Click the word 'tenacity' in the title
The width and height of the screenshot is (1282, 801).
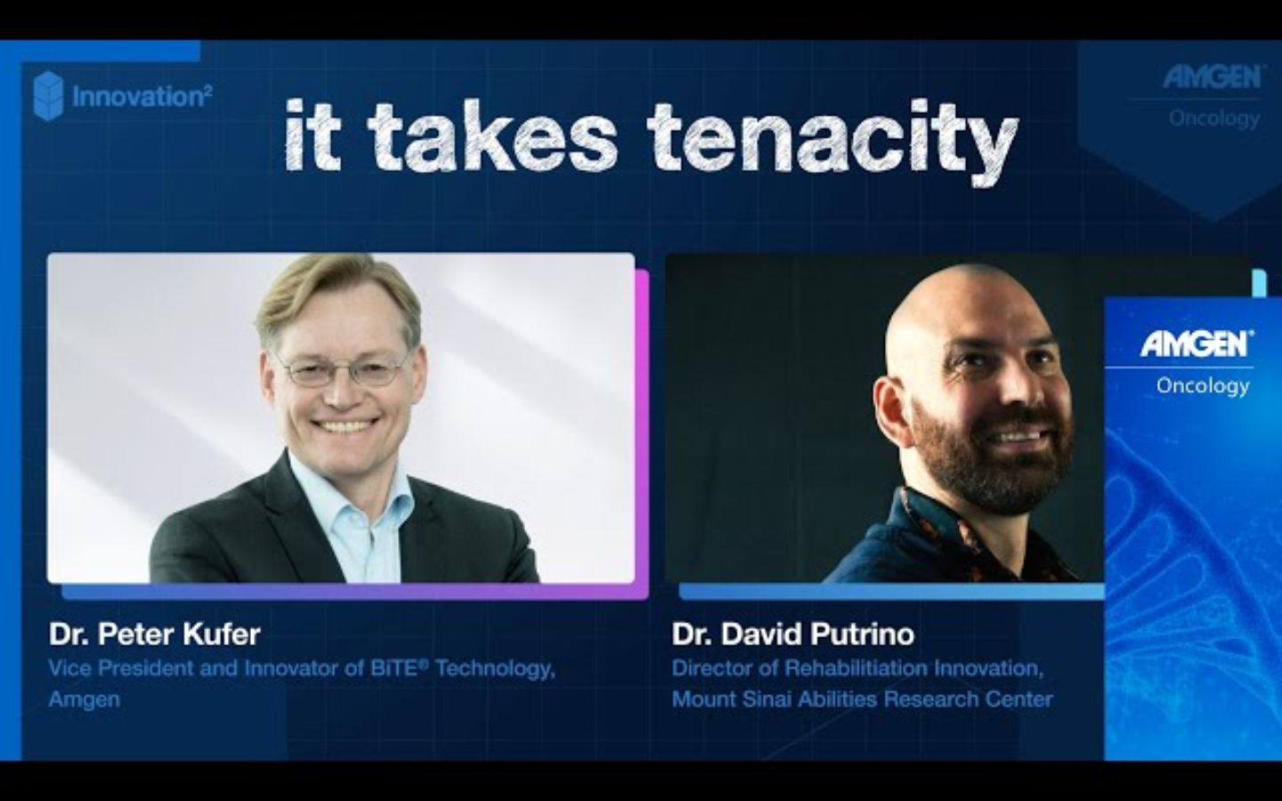(x=832, y=138)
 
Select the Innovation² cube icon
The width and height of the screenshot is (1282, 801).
(x=48, y=96)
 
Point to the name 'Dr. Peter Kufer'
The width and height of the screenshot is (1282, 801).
(x=155, y=635)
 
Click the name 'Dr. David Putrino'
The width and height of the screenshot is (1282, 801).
(x=793, y=635)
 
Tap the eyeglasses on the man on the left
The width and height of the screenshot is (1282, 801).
(x=341, y=367)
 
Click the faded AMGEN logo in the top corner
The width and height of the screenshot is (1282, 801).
(x=1213, y=78)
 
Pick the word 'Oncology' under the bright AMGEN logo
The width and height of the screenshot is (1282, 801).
(x=1202, y=385)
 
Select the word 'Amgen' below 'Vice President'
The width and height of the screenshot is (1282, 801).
(x=85, y=699)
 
